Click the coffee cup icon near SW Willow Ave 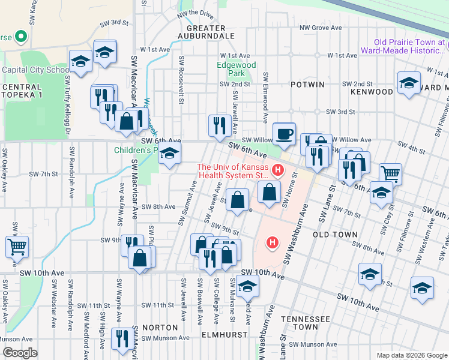284,133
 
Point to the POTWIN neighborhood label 310,85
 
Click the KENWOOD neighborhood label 375,92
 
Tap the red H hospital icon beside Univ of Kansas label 277,170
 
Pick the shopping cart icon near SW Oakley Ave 17,246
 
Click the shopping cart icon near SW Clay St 390,174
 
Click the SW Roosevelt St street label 181,80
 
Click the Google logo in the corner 19,353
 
